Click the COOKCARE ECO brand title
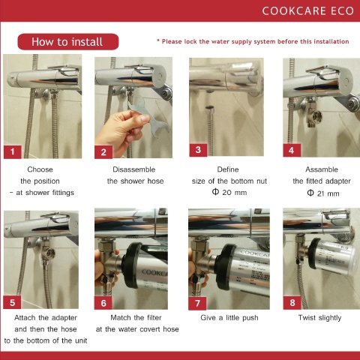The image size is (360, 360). (307, 11)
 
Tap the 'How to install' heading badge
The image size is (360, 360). (68, 42)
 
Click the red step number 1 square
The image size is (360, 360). (13, 151)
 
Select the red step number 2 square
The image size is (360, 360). (103, 152)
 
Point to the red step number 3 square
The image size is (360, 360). (198, 150)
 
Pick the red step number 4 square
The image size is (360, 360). (292, 150)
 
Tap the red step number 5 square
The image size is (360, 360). (12, 302)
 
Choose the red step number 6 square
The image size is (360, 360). (103, 303)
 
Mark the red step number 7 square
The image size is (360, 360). (197, 304)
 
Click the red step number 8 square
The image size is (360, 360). (292, 303)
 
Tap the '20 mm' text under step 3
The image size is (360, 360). (235, 193)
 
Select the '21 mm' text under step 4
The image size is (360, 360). (328, 193)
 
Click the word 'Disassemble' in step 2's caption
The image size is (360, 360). (134, 169)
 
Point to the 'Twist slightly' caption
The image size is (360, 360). (319, 318)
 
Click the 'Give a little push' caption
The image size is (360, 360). (229, 318)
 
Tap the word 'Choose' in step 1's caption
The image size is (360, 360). (40, 169)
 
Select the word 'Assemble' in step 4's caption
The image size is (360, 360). (322, 169)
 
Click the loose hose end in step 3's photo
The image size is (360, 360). (209, 109)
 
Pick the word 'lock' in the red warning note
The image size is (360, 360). (190, 41)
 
